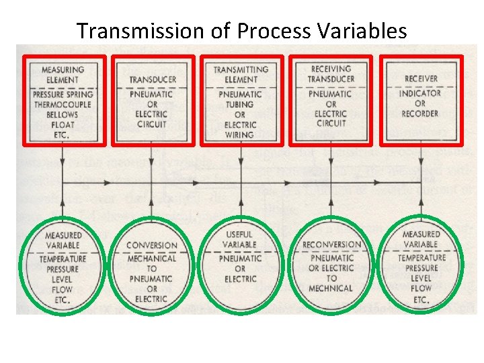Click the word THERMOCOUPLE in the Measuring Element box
[x=63, y=106]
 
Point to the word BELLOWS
[x=63, y=115]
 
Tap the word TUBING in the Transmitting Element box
[x=241, y=106]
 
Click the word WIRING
[x=241, y=134]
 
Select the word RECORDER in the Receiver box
[x=421, y=114]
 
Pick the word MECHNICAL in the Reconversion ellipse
[x=331, y=288]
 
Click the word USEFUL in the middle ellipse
[x=241, y=235]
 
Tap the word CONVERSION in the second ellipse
[x=152, y=246]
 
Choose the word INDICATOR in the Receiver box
[x=421, y=93]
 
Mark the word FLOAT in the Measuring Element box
[x=63, y=124]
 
